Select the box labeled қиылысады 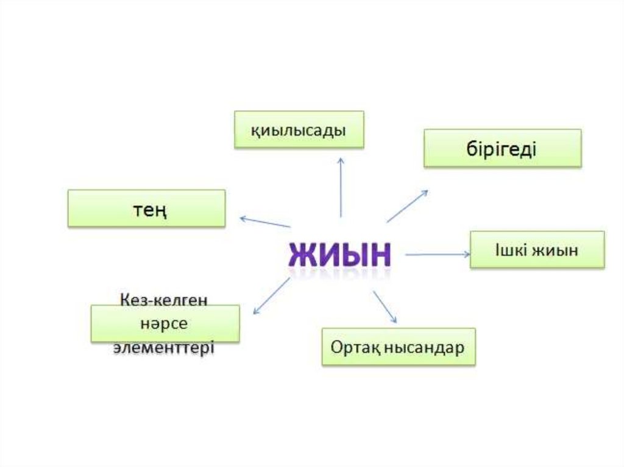299,130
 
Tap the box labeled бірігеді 503,148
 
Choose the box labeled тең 146,208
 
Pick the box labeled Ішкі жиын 537,249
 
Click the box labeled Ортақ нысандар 399,347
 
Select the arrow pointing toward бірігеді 407,206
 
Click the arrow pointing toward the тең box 265,222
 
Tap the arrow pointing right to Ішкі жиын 438,255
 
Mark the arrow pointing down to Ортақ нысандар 385,307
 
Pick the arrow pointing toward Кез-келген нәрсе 271,296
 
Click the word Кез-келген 165,300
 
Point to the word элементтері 164,348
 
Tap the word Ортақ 352,347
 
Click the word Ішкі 510,249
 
